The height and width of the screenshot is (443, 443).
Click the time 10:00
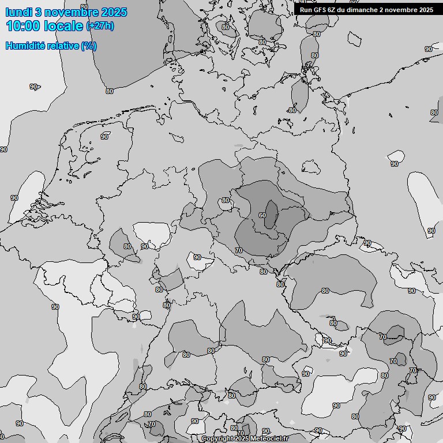click(25, 26)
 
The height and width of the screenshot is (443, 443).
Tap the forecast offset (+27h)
click(100, 26)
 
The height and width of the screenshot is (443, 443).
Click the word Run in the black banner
click(306, 10)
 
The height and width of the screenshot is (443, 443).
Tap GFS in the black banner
click(321, 10)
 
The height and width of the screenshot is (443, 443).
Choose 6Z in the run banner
click(333, 10)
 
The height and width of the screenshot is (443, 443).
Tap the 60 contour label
click(262, 215)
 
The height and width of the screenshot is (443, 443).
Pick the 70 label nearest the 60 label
click(239, 250)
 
